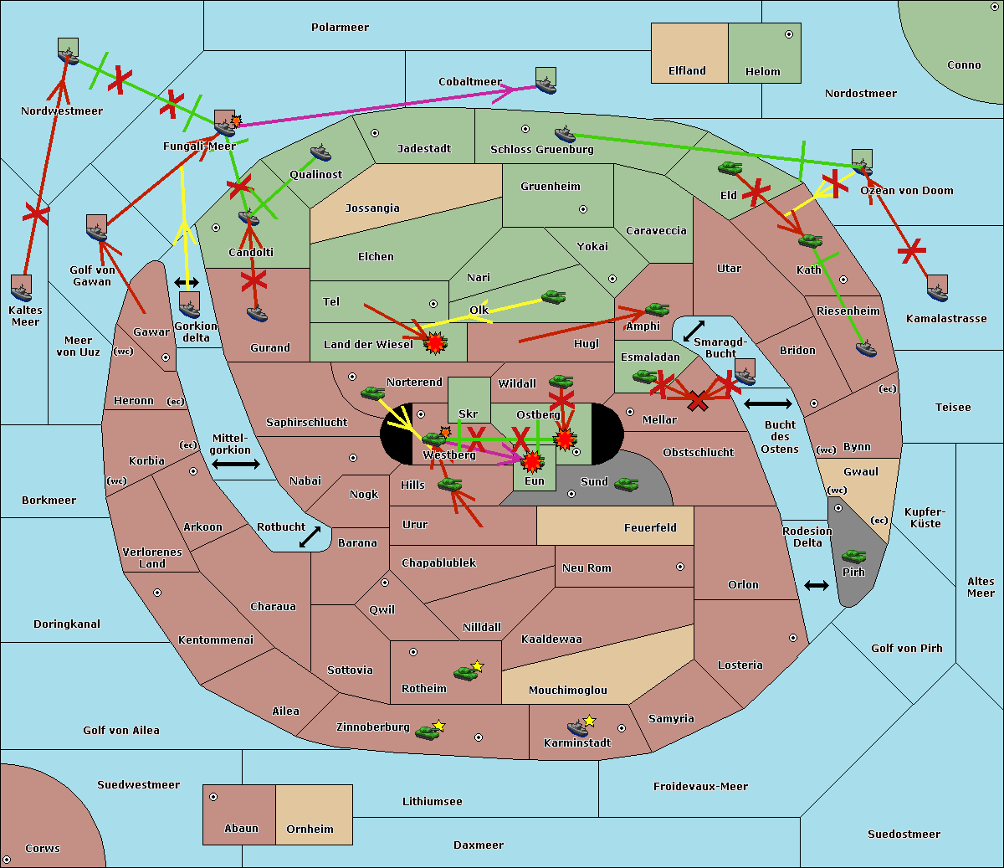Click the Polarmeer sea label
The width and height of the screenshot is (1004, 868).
coord(340,28)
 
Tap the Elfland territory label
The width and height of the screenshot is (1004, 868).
coord(687,71)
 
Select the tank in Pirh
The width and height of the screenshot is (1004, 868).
coord(853,557)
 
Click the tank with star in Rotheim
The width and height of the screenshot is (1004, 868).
coord(465,672)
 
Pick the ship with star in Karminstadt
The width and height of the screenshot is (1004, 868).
coord(578,727)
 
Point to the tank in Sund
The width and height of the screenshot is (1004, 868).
coord(626,484)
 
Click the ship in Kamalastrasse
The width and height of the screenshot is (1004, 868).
coord(938,290)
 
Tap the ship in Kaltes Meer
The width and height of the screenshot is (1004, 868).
coord(22,290)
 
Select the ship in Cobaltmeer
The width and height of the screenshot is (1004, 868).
coord(546,82)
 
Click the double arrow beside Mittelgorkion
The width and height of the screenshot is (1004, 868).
coord(236,465)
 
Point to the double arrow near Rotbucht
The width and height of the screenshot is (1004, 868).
coord(310,537)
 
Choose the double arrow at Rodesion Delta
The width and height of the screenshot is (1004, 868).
coord(817,585)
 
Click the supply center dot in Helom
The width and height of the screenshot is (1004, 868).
coord(788,34)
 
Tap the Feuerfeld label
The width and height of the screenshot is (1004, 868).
coord(650,528)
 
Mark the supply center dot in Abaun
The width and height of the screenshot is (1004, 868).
coord(213,797)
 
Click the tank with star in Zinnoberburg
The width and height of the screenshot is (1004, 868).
coord(428,732)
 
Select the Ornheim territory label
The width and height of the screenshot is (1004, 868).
coord(310,829)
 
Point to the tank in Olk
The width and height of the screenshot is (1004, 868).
coord(553,297)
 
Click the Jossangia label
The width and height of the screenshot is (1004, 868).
coord(372,208)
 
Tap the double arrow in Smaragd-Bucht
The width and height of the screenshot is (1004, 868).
coord(694,331)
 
